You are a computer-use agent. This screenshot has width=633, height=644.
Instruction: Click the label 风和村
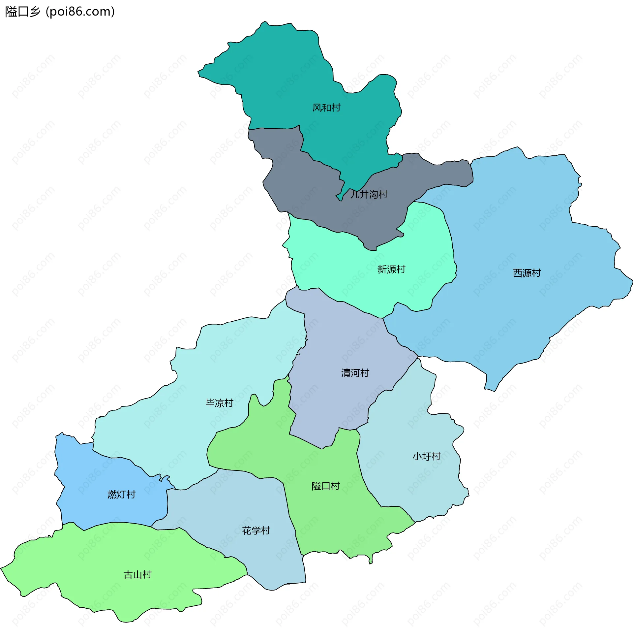point(326,108)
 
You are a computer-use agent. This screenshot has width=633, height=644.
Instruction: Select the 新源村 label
point(391,270)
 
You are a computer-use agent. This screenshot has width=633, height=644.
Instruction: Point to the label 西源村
point(527,273)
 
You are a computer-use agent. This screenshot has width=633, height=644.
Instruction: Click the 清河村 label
point(355,373)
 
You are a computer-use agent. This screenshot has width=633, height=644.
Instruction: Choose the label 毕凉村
point(219,403)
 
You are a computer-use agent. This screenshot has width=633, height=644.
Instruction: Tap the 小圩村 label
point(427,456)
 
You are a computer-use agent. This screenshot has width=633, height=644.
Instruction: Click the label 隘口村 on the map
point(325,486)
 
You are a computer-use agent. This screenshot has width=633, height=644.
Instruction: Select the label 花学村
point(256,531)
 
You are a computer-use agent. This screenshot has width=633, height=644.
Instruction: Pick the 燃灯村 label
point(121,495)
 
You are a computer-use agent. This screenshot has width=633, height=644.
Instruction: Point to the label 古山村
point(137,575)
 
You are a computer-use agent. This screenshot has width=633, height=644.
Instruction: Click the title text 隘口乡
point(23,12)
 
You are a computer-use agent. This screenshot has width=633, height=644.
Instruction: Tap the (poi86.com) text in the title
point(80,12)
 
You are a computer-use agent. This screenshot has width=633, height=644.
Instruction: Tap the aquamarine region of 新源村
point(332,266)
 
